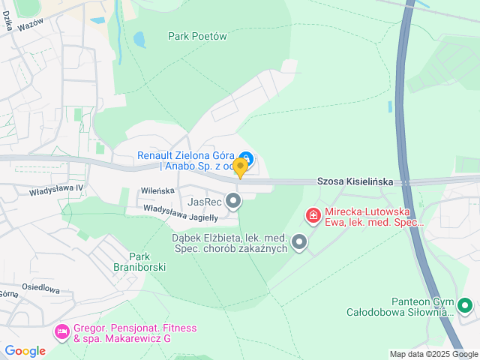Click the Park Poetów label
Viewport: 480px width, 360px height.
pos(197,36)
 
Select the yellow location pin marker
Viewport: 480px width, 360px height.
pos(240,166)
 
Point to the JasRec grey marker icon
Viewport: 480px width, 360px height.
pos(234,201)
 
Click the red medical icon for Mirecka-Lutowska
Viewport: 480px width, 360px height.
pos(313,217)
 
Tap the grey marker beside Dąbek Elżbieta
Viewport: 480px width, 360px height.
pos(299,242)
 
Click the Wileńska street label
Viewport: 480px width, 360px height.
pos(157,191)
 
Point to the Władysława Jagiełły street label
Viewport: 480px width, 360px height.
pos(180,213)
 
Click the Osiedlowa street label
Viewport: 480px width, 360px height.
pos(40,288)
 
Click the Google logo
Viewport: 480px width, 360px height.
pos(25,350)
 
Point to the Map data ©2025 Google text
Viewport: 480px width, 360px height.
pos(433,354)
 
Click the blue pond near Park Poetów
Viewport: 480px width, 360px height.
pos(139,38)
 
